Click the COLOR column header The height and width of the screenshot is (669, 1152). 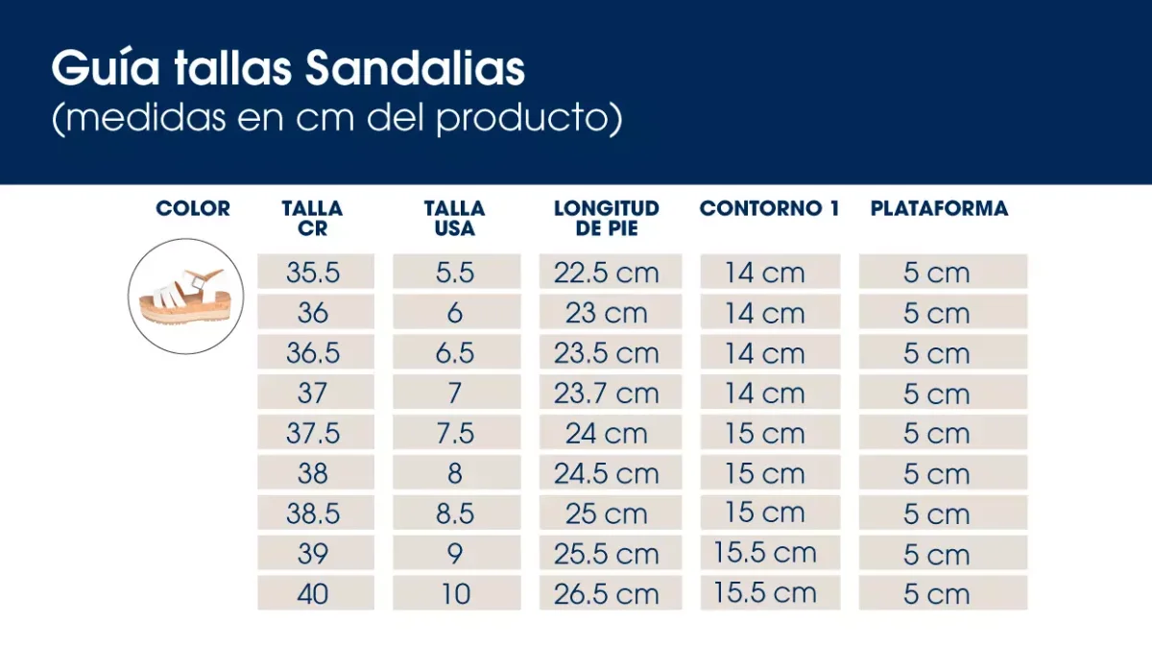pyautogui.click(x=193, y=208)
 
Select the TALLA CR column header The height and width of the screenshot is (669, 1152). pyautogui.click(x=312, y=218)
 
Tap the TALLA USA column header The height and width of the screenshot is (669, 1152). pyautogui.click(x=454, y=218)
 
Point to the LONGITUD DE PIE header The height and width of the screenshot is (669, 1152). pyautogui.click(x=607, y=218)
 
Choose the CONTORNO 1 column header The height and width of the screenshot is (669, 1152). pyautogui.click(x=769, y=208)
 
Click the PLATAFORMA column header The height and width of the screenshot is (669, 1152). pyautogui.click(x=939, y=208)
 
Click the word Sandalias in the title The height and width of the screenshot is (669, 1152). pyautogui.click(x=415, y=69)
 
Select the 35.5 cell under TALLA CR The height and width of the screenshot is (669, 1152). pyautogui.click(x=313, y=273)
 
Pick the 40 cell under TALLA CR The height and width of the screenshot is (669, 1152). pyautogui.click(x=313, y=594)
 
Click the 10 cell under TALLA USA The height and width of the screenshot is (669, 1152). pyautogui.click(x=455, y=594)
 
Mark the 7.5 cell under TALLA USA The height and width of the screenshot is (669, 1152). pyautogui.click(x=455, y=434)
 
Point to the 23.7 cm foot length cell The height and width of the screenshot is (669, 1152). pyautogui.click(x=607, y=394)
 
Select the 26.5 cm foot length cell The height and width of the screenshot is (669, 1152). pyautogui.click(x=607, y=594)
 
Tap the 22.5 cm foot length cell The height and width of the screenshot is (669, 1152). pyautogui.click(x=607, y=273)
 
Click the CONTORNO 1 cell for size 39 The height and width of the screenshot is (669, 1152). pyautogui.click(x=765, y=553)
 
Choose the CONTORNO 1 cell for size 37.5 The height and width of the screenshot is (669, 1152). pyautogui.click(x=765, y=434)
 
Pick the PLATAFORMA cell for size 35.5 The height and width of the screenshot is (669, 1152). pyautogui.click(x=937, y=273)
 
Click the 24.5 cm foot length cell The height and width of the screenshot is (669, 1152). pyautogui.click(x=607, y=474)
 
